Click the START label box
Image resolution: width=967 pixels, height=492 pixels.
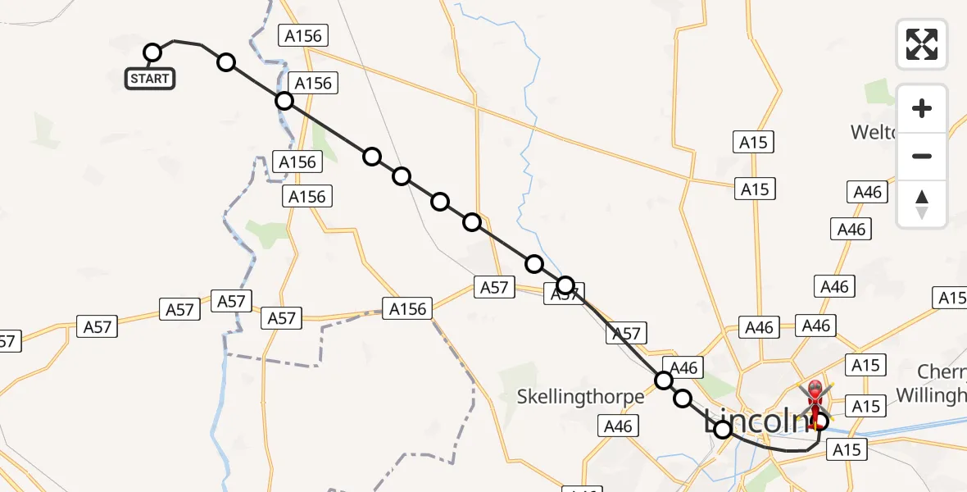click(x=150, y=79)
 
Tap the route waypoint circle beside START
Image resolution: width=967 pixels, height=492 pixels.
click(x=152, y=53)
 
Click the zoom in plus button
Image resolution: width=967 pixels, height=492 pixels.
click(x=922, y=109)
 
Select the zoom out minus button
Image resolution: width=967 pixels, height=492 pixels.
click(x=922, y=156)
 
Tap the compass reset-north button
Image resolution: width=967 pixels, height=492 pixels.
click(x=922, y=204)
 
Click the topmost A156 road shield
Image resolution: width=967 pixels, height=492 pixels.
click(x=304, y=35)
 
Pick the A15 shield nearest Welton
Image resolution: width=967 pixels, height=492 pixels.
click(x=753, y=143)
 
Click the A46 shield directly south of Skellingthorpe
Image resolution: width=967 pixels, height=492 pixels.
click(x=618, y=426)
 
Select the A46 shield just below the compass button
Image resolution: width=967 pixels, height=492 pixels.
click(x=868, y=192)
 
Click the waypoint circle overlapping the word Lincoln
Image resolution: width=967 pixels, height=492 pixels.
click(x=723, y=429)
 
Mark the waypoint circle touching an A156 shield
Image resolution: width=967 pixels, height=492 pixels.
click(x=284, y=101)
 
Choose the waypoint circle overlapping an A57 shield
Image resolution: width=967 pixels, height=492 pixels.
click(x=565, y=285)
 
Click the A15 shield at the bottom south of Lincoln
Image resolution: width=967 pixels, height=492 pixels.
click(x=847, y=449)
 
